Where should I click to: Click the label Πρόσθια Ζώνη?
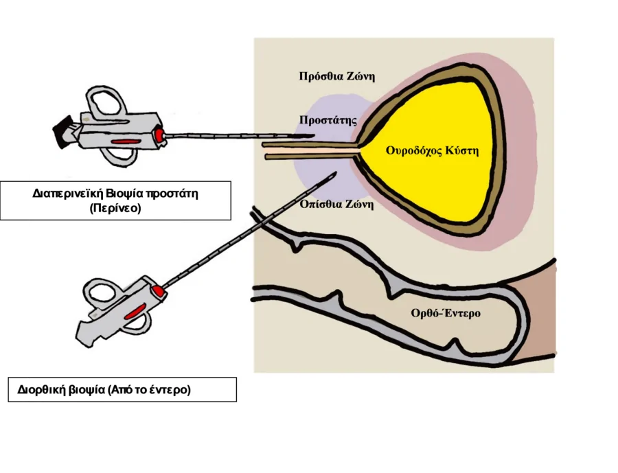tap(336, 76)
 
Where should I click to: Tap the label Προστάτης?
tap(328, 121)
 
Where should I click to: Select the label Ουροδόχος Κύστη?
tap(431, 150)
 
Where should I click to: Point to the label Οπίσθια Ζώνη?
tap(336, 204)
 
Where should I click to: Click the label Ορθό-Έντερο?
tap(445, 314)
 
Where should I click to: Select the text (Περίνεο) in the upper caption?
tap(115, 208)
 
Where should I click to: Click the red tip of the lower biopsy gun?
tap(157, 292)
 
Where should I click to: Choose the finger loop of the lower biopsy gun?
tap(101, 294)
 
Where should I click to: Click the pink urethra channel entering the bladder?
tap(309, 150)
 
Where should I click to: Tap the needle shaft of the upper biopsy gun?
tap(227, 136)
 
